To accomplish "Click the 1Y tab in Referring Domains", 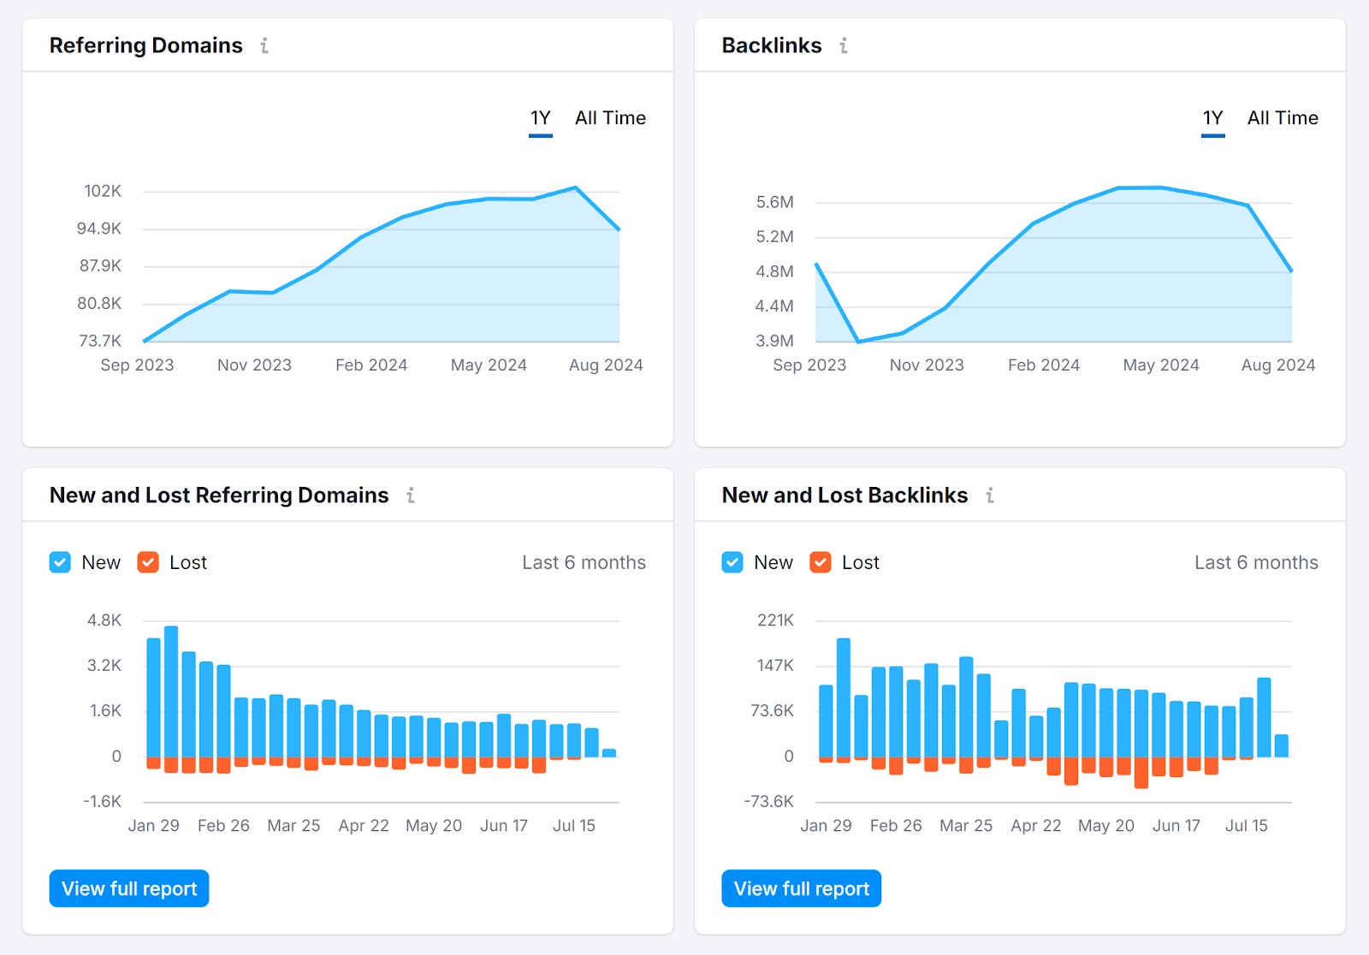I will pos(540,118).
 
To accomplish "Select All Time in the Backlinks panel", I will pos(1282,118).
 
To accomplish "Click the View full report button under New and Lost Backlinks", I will pos(801,888).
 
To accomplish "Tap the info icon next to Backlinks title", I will pos(844,45).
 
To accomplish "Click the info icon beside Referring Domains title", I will pos(264,45).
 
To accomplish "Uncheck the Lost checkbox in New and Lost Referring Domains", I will pos(148,562).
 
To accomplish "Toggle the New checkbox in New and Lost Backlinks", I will pos(732,562).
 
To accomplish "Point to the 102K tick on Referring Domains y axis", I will pos(103,191).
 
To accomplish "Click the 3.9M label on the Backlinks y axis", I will pos(774,341).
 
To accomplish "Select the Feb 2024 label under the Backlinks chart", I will pos(1043,365).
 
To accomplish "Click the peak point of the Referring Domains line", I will pos(576,187).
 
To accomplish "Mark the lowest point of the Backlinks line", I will pos(858,341).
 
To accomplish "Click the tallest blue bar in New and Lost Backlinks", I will pos(844,697).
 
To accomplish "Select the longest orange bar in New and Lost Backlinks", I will pos(1141,772).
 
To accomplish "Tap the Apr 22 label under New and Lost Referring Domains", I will pos(364,826).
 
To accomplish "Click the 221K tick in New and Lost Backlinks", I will pos(775,620).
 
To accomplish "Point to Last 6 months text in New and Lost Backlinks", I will pos(1255,562).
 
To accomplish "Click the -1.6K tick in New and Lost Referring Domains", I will pos(103,802).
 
